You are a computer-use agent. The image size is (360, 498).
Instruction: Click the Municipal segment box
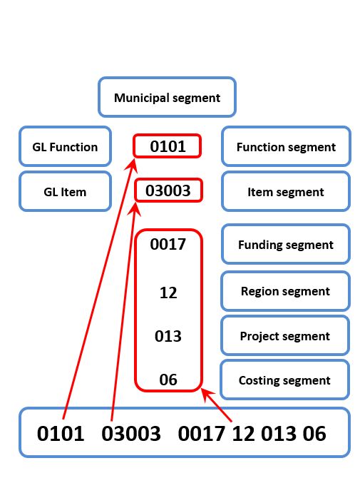click(167, 97)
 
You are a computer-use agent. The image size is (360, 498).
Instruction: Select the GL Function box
click(65, 146)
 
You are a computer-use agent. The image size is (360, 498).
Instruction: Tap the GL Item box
click(65, 191)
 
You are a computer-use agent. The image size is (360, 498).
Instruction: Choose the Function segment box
click(286, 146)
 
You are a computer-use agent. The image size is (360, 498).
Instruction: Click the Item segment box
click(286, 191)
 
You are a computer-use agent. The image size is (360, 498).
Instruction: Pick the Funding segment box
click(286, 244)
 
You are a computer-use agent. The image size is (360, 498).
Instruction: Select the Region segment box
click(285, 290)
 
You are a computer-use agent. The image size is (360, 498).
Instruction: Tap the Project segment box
click(285, 335)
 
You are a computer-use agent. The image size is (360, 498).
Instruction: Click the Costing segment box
click(284, 380)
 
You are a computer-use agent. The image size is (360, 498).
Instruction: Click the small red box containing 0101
click(168, 146)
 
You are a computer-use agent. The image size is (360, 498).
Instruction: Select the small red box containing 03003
click(168, 190)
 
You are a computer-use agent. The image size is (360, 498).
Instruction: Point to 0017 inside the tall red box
click(168, 244)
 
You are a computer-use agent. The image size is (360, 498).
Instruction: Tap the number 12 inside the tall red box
click(168, 293)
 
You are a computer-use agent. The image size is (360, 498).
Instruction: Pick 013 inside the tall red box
click(168, 336)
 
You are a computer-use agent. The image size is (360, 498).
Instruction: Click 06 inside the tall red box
click(168, 380)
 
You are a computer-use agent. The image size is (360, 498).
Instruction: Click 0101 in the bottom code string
click(61, 434)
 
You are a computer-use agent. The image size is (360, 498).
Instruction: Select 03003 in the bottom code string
click(131, 434)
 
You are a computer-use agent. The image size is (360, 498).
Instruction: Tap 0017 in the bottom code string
click(202, 434)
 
